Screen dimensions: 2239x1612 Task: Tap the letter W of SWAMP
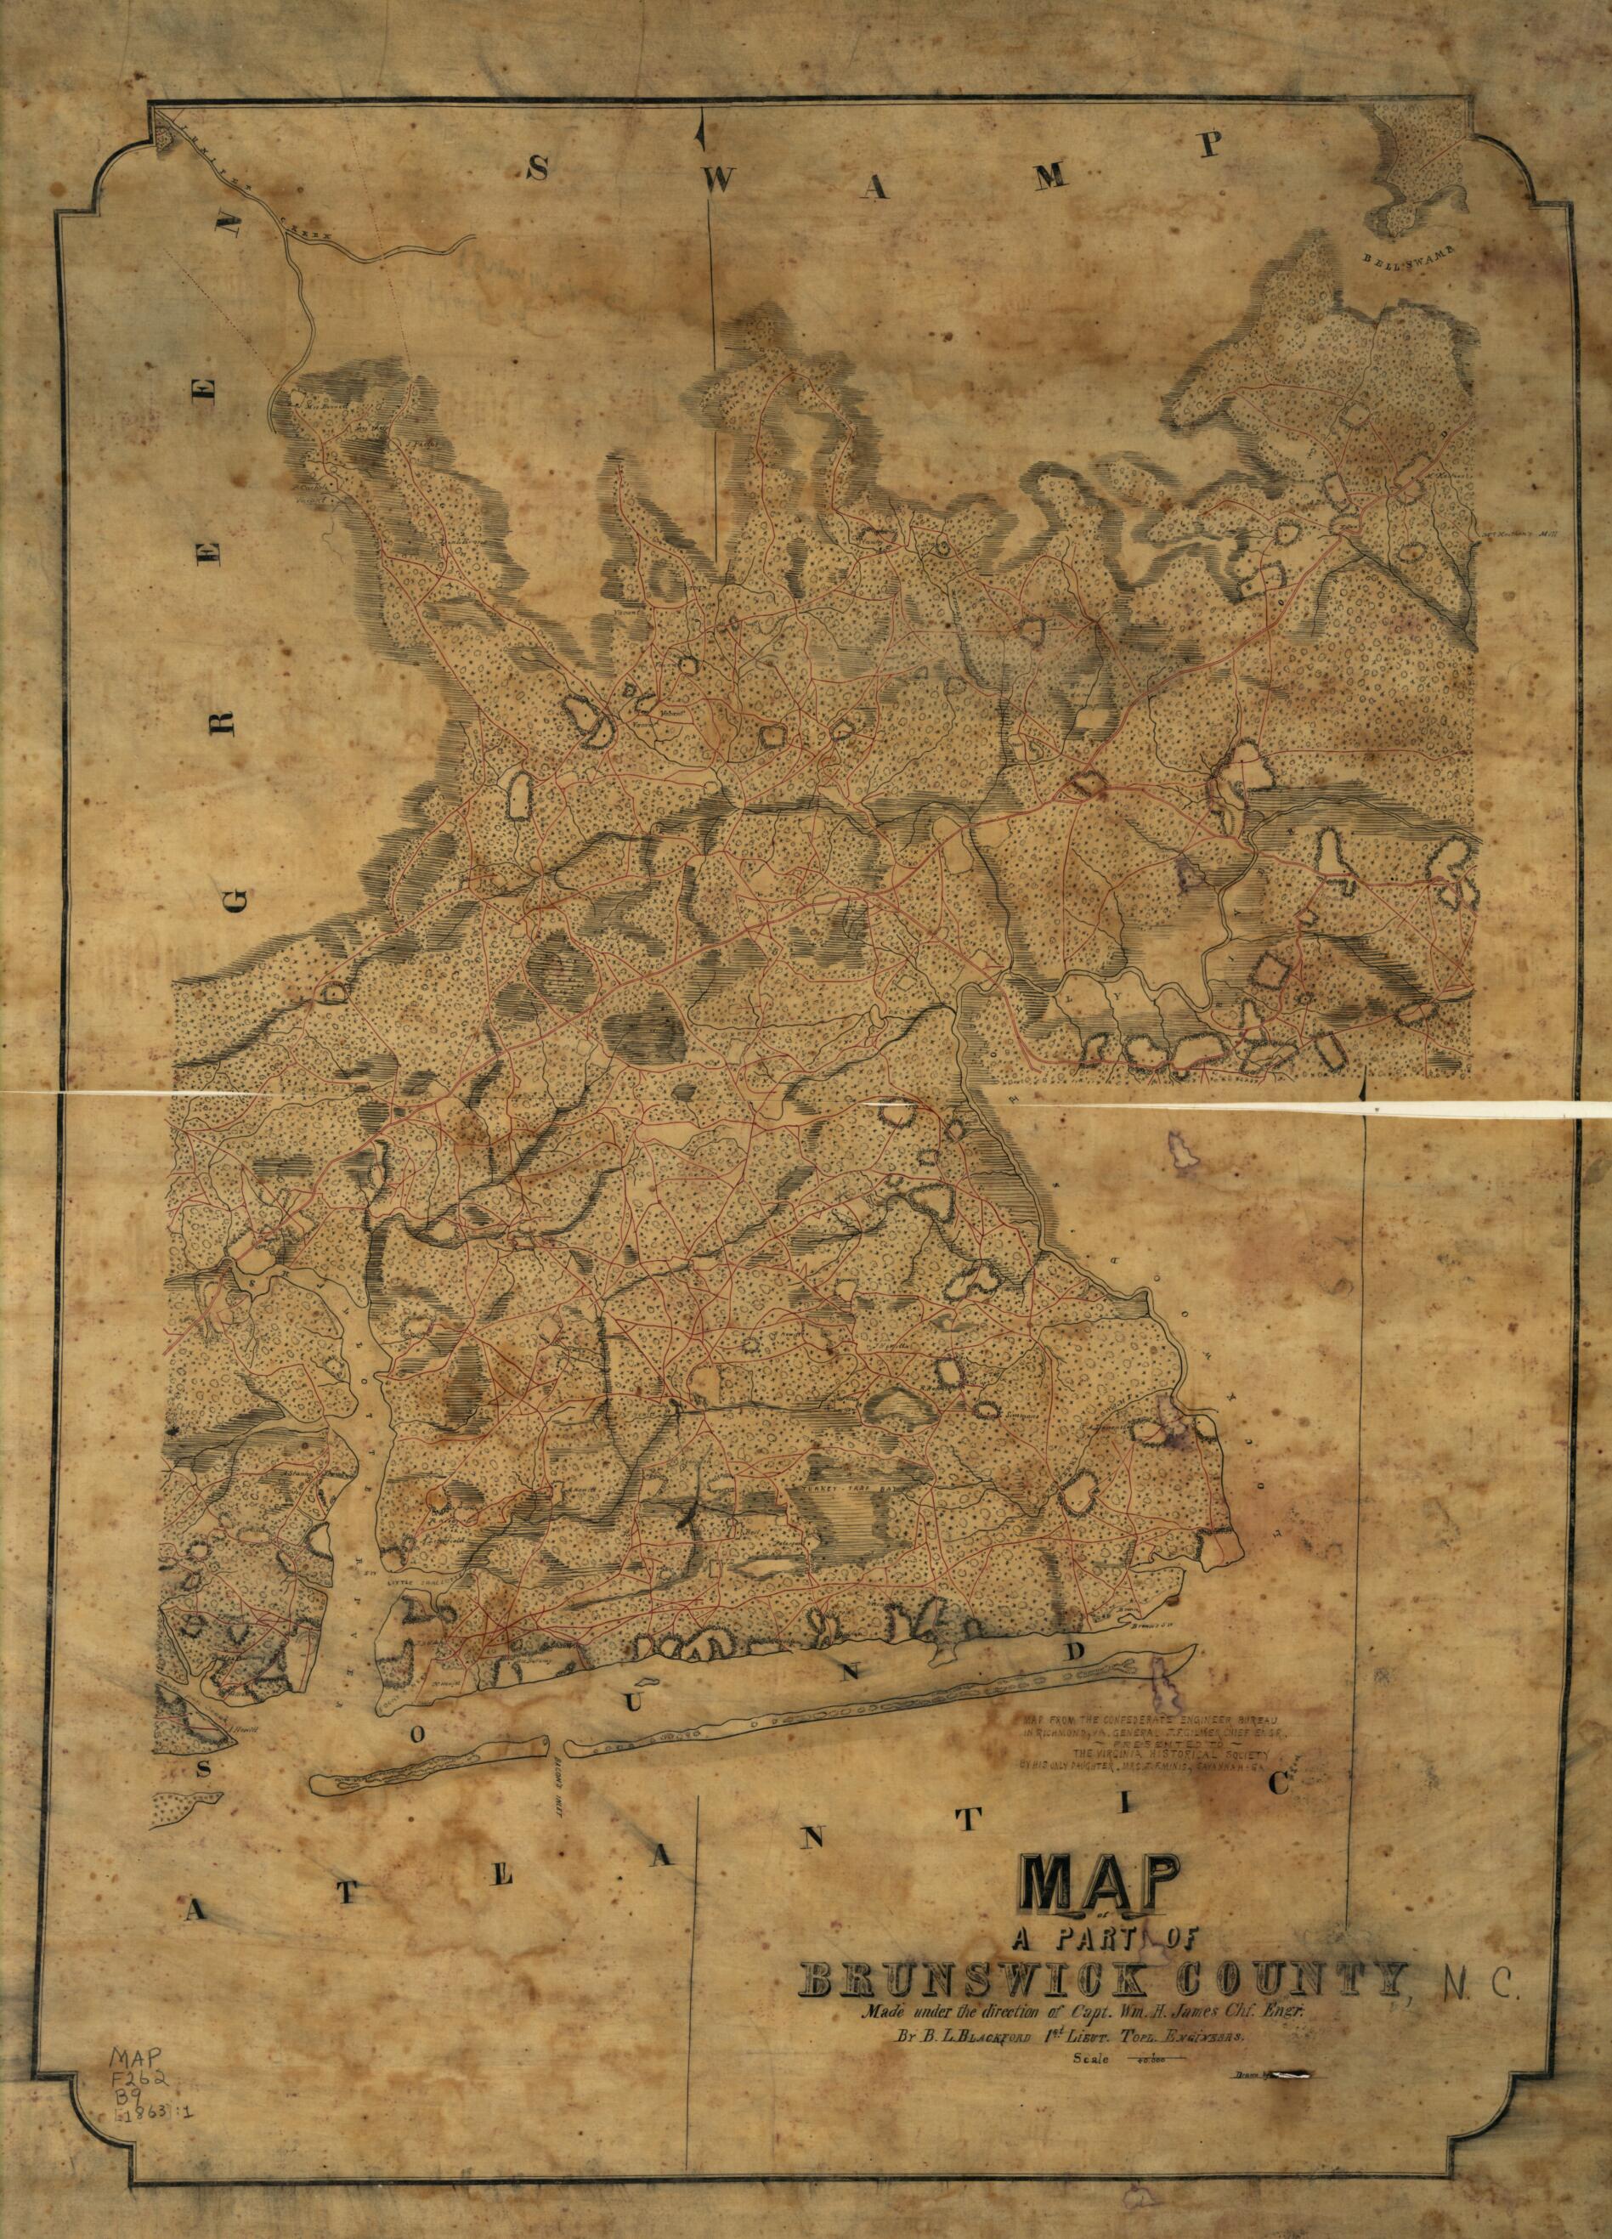(x=721, y=178)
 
